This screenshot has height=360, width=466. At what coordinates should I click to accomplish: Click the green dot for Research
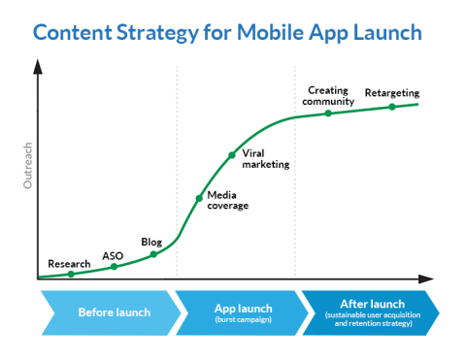tap(70, 275)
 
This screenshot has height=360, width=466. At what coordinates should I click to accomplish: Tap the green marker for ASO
tap(115, 267)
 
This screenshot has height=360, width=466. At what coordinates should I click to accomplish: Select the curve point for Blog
tap(153, 254)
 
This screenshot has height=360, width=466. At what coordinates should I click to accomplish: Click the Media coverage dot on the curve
tap(199, 198)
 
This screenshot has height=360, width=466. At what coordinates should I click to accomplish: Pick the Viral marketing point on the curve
tap(232, 154)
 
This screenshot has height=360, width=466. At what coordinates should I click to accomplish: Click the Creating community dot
tap(328, 114)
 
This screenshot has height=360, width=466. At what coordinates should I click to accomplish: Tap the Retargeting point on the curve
tap(392, 107)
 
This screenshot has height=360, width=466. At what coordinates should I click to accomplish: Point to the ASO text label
tap(113, 256)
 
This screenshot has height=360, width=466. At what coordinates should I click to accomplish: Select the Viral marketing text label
tap(265, 159)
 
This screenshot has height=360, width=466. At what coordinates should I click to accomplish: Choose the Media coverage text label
tap(228, 201)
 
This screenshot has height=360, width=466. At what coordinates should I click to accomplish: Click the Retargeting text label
tap(391, 93)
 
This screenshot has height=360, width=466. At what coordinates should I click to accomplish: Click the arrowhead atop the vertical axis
tap(38, 67)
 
